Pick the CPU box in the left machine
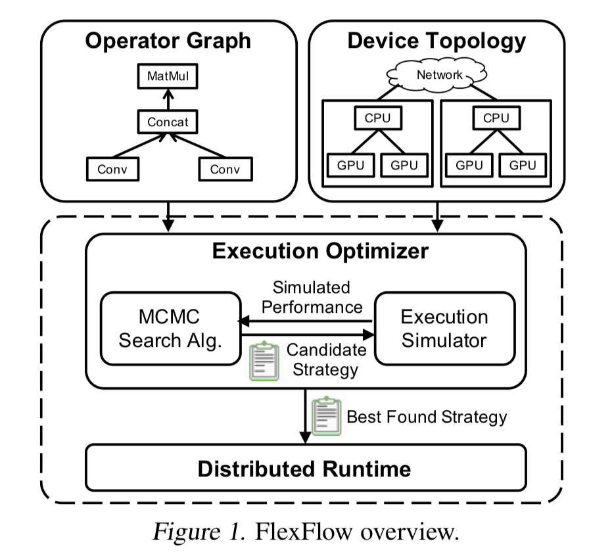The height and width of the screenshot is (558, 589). tap(378, 119)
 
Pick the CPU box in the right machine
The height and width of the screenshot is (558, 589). tap(496, 119)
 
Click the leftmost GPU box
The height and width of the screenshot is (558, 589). tap(348, 165)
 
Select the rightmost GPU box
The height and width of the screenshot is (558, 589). tap(523, 165)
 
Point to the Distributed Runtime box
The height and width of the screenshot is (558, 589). tap(306, 468)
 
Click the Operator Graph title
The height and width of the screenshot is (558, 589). tap(168, 41)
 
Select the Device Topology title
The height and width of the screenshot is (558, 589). tap(436, 41)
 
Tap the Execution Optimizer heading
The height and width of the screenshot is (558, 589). tap(306, 250)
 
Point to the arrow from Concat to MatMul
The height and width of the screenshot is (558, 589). tap(167, 101)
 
